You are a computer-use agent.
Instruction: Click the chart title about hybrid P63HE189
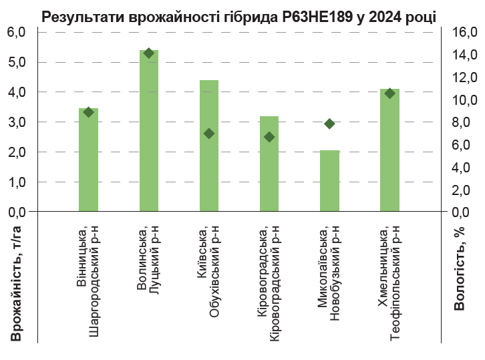(238, 17)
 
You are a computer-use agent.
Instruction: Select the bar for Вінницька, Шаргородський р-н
(88, 160)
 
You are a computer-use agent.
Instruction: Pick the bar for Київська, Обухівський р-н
(209, 146)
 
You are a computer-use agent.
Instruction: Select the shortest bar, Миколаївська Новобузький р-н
(329, 181)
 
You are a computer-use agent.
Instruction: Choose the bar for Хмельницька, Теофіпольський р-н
(389, 150)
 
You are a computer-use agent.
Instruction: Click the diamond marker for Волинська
(148, 53)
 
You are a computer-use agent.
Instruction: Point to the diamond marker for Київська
(209, 134)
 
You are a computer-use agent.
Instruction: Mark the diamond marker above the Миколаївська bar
(329, 124)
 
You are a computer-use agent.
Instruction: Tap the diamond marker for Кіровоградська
(269, 137)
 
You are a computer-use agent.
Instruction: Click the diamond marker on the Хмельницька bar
(389, 94)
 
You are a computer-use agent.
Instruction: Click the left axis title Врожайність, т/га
(16, 284)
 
